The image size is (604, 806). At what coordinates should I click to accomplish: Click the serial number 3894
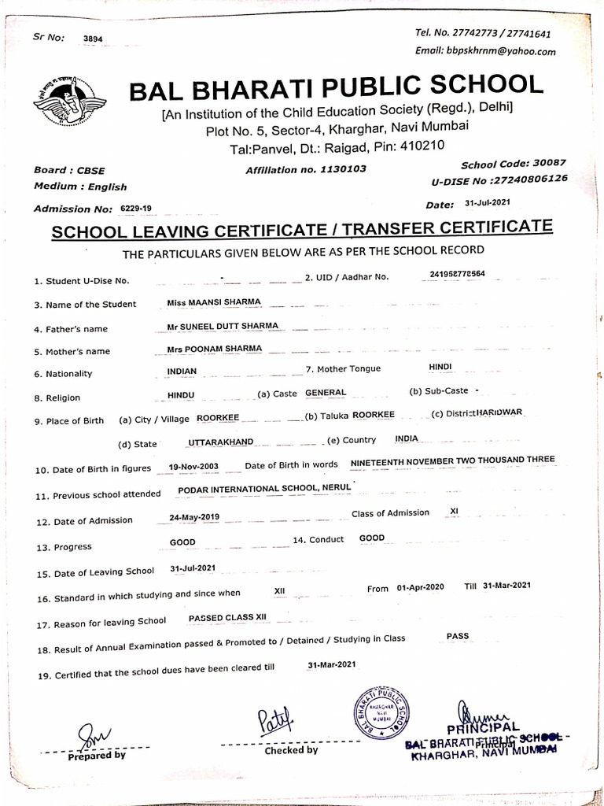(92, 38)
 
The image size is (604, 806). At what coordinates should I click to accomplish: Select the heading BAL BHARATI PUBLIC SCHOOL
(336, 87)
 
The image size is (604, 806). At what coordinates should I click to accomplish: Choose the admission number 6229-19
(136, 208)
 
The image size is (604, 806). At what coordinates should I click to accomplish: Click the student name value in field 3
(214, 302)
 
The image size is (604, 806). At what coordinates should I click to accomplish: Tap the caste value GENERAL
(325, 392)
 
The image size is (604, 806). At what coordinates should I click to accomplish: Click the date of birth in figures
(193, 467)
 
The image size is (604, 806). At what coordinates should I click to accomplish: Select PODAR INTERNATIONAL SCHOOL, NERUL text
(264, 489)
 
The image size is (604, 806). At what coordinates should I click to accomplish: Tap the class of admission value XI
(454, 511)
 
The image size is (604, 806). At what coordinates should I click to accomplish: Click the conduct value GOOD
(372, 538)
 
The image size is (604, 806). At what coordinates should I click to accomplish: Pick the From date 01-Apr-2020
(421, 588)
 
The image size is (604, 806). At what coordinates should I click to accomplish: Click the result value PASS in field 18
(457, 635)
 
